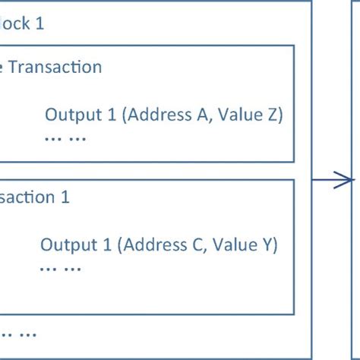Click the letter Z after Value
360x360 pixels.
pos(271,115)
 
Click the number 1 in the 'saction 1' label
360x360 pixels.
pos(65,197)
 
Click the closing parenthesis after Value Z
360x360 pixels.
pos(280,115)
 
